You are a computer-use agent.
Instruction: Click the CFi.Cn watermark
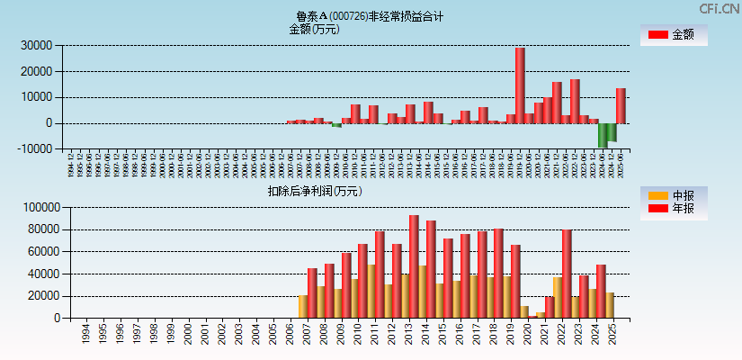pyautogui.click(x=720, y=9)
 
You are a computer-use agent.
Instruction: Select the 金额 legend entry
pyautogui.click(x=673, y=35)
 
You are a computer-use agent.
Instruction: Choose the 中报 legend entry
pyautogui.click(x=673, y=195)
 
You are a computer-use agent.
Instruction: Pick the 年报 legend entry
pyautogui.click(x=673, y=209)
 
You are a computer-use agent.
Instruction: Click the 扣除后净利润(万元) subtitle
pyautogui.click(x=314, y=191)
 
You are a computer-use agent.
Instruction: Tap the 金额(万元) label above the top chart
pyautogui.click(x=314, y=29)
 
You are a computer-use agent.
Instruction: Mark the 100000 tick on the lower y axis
pyautogui.click(x=40, y=208)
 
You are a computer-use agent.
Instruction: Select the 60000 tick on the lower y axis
pyautogui.click(x=42, y=252)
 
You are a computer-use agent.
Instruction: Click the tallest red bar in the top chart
pyautogui.click(x=520, y=85)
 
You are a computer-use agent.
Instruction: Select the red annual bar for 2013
pyautogui.click(x=414, y=266)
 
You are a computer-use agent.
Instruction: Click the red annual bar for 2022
pyautogui.click(x=567, y=274)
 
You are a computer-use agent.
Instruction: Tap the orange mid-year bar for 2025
pyautogui.click(x=610, y=305)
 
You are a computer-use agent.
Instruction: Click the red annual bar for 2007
pyautogui.click(x=312, y=292)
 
